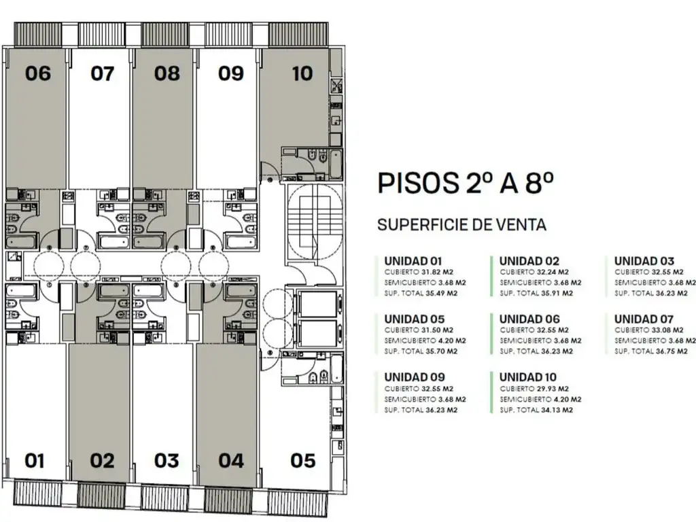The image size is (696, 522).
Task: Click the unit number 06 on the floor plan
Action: click(38, 73)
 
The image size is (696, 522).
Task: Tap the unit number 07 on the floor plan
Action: click(103, 73)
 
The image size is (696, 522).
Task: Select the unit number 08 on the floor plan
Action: click(167, 73)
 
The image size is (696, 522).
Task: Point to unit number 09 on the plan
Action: click(230, 73)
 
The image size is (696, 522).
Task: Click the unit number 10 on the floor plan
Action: click(302, 73)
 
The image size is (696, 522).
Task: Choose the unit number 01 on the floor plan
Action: click(35, 460)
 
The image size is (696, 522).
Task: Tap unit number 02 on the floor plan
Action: click(102, 460)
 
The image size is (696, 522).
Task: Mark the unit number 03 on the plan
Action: click(167, 460)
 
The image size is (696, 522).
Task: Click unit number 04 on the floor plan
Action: click(231, 460)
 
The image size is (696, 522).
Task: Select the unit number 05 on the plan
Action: click(302, 460)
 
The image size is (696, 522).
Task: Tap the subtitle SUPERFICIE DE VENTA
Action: click(462, 225)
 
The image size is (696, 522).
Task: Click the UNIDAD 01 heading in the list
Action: click(413, 260)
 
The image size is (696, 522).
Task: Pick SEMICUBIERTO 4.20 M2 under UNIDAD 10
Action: click(540, 399)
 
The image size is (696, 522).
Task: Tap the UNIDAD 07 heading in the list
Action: click(644, 319)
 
